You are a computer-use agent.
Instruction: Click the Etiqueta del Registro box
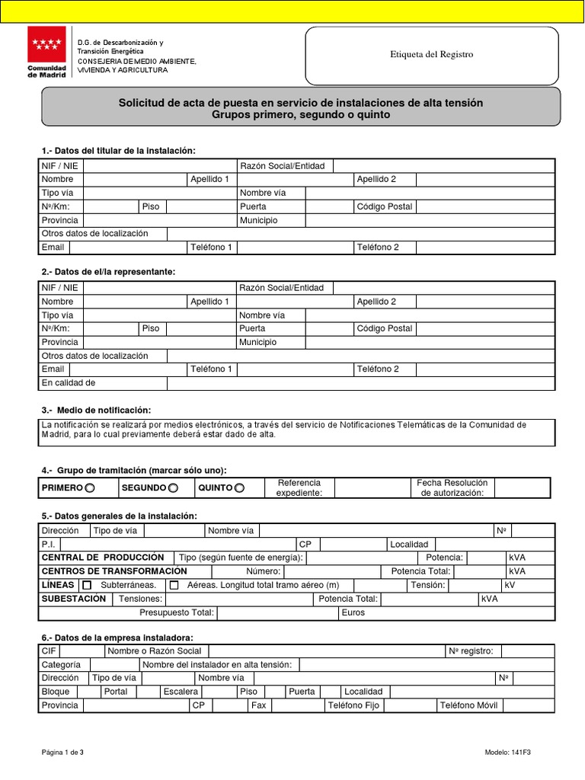point(431,55)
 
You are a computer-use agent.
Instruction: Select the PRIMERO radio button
point(90,487)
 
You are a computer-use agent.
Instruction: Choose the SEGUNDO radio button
point(173,487)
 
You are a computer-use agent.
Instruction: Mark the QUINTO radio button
point(240,487)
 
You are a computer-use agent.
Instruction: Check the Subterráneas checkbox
point(86,585)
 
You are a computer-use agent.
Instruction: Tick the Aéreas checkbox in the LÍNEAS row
point(174,585)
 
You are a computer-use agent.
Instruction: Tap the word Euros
point(353,612)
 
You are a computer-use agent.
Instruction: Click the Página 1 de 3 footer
point(62,753)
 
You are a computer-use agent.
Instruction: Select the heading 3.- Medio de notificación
point(96,411)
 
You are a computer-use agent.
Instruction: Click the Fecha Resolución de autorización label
point(452,487)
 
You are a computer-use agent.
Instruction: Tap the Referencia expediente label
point(299,487)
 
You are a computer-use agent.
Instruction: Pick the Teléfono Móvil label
point(468,706)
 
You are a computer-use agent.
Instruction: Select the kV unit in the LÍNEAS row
point(510,585)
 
